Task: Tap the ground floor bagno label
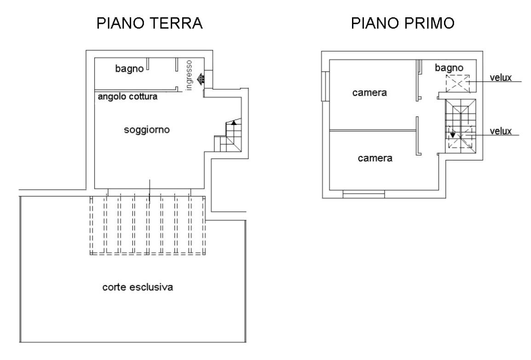point(129,69)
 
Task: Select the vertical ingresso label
point(188,74)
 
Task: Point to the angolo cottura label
point(127,97)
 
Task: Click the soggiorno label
point(147,130)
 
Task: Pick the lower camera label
point(375,159)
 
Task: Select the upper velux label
point(501,77)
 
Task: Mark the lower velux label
point(501,131)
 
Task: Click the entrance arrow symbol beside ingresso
point(201,80)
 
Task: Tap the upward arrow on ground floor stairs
point(234,122)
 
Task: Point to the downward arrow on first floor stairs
point(453,135)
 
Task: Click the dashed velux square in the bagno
point(458,83)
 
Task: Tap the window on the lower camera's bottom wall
point(364,195)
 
